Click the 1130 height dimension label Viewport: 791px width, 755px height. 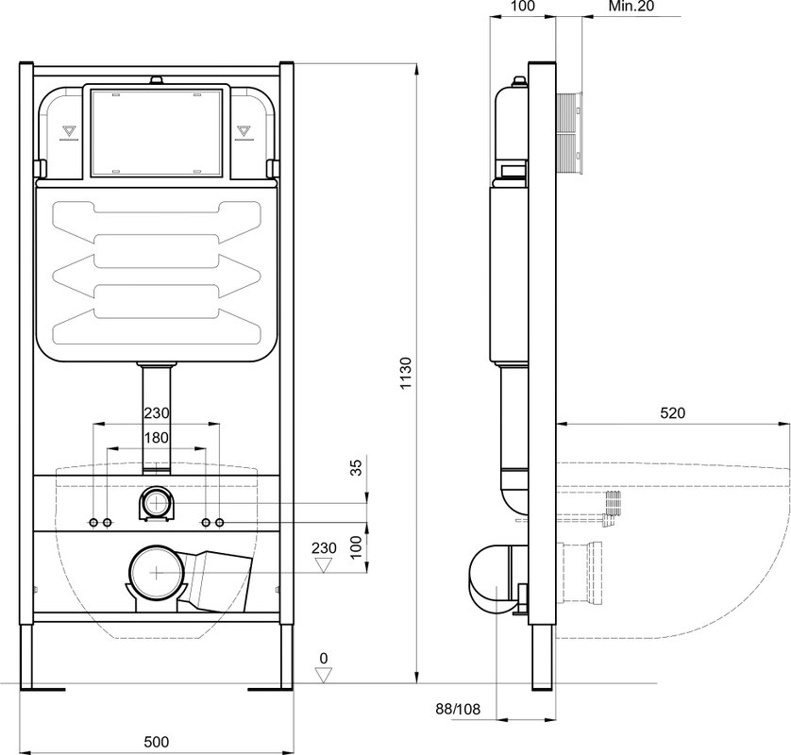click(406, 373)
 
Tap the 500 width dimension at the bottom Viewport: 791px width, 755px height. click(157, 742)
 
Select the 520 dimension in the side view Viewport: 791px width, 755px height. click(673, 413)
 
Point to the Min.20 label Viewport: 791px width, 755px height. click(631, 6)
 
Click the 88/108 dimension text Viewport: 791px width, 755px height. click(458, 709)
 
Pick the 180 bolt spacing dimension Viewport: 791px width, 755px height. click(157, 438)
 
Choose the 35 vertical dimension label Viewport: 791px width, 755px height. click(356, 467)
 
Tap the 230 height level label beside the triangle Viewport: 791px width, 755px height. click(324, 547)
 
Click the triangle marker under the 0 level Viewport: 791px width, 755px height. click(324, 675)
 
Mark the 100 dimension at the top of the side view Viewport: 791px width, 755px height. click(523, 6)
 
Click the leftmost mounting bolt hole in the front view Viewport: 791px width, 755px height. click(93, 523)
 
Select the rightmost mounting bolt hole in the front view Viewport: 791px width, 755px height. click(219, 523)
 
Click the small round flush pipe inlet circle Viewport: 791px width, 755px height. click(157, 503)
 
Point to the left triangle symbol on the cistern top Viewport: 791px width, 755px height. click(68, 131)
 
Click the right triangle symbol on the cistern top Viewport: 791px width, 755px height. click(244, 131)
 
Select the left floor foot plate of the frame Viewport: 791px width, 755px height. click(42, 689)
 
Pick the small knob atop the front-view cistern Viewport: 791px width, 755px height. click(157, 80)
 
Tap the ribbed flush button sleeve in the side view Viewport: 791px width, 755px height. click(570, 134)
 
